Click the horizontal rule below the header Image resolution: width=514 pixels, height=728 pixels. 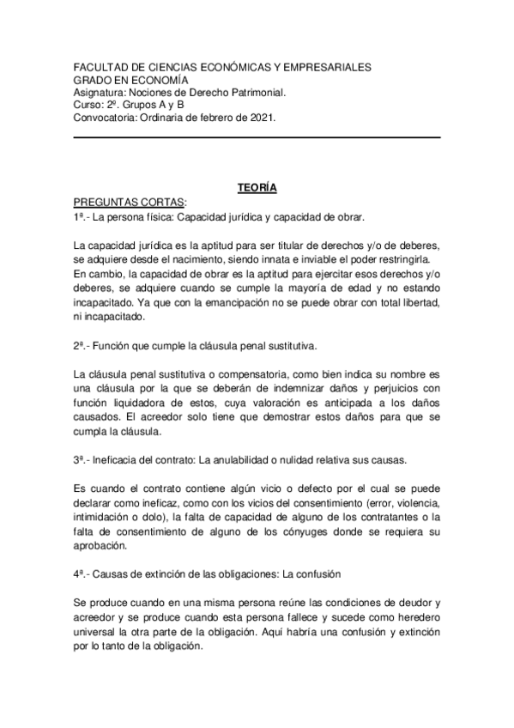[x=257, y=137]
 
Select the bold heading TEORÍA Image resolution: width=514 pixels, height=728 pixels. [x=257, y=187]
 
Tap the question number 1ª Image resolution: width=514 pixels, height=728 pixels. [x=80, y=217]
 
